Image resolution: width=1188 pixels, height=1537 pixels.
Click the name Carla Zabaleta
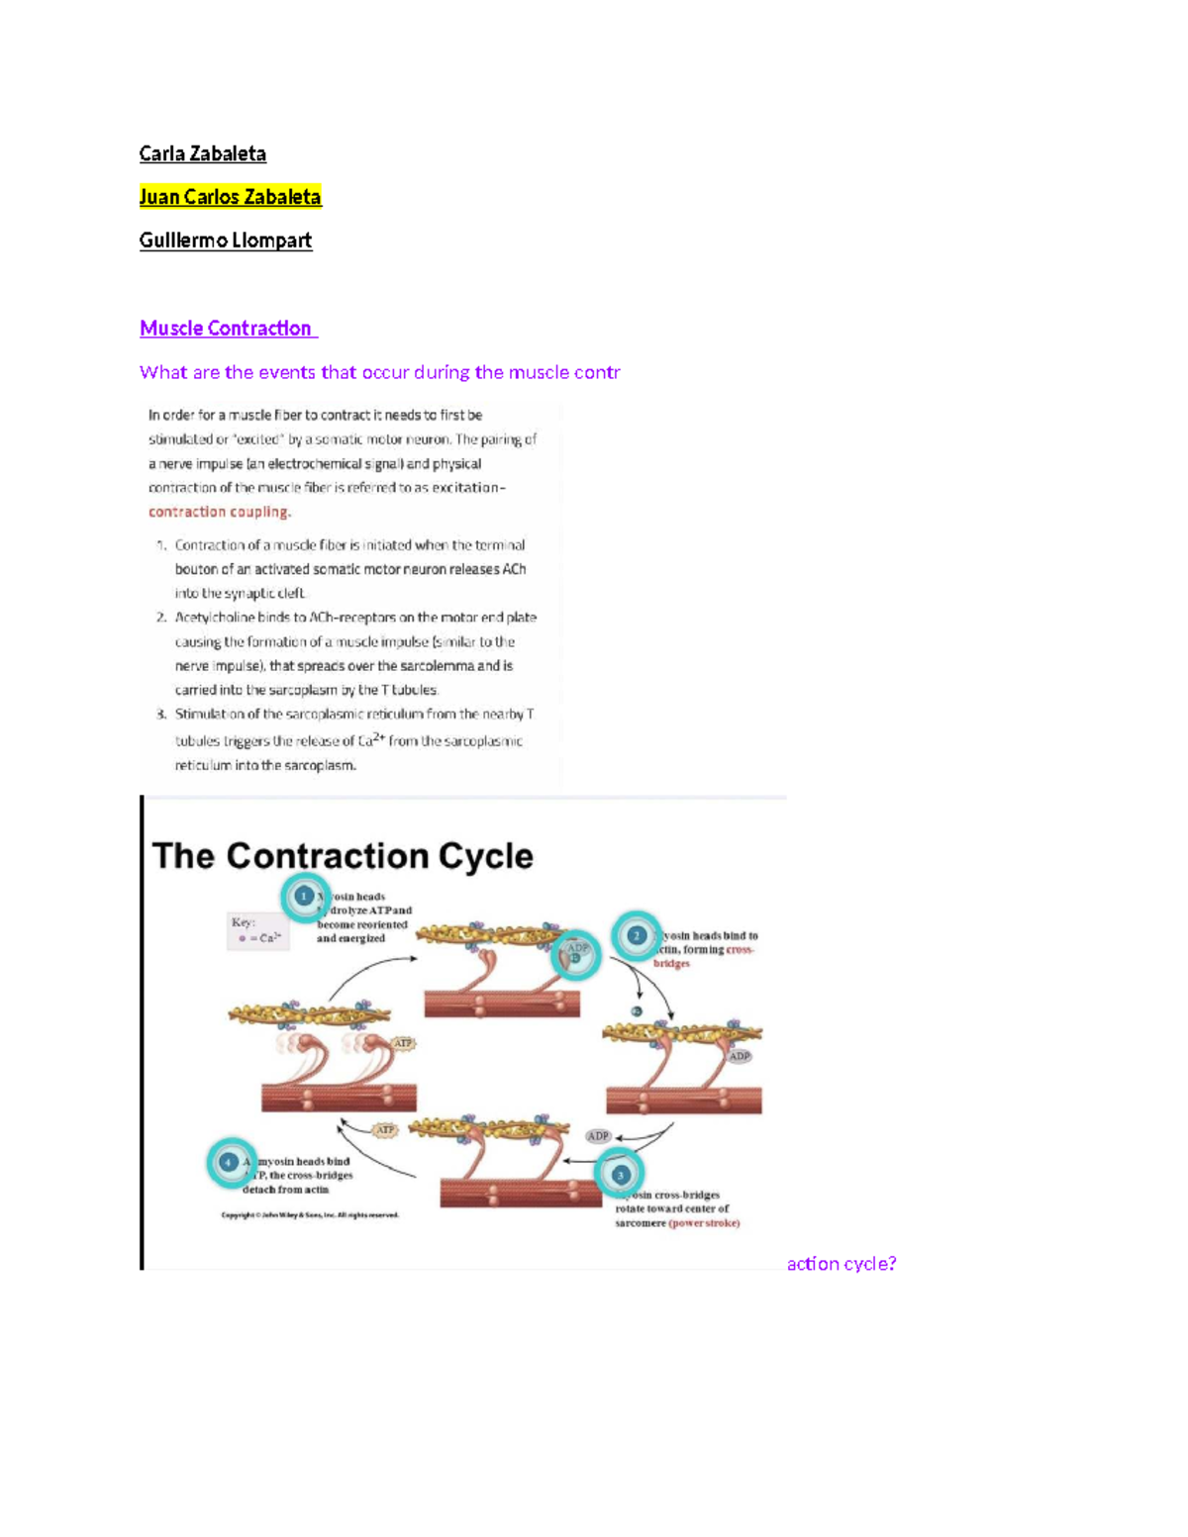coord(202,153)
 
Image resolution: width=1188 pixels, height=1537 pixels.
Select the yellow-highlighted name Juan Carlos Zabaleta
coord(230,197)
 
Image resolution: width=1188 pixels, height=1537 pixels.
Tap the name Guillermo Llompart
coord(226,240)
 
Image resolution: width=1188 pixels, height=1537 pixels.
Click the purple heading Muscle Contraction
coord(226,329)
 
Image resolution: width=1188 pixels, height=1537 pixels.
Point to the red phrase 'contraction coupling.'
coord(220,512)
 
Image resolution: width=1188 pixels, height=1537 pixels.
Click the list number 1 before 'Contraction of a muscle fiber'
coord(160,545)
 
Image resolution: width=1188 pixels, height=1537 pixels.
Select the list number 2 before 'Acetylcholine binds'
coord(160,618)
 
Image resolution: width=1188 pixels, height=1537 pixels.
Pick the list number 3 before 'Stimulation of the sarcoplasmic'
coord(160,715)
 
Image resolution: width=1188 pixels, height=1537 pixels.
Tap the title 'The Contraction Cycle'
coord(343,856)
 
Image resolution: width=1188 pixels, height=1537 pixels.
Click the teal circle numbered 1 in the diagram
coord(305,897)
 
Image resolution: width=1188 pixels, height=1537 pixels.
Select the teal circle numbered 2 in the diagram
coord(637,935)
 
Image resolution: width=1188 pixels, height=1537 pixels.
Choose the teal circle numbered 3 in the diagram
coord(621,1175)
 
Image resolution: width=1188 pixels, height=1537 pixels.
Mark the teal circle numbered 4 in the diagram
coord(230,1162)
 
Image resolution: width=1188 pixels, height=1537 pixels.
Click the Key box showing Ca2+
coord(258,931)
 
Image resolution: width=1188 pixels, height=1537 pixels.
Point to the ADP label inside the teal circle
coord(577,950)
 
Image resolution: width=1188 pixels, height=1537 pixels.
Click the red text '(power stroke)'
coord(704,1223)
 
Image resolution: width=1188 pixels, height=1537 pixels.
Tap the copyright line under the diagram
coord(310,1215)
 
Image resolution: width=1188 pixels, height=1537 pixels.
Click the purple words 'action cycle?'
coord(841,1264)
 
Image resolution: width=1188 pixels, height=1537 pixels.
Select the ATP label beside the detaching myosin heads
coord(385,1130)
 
